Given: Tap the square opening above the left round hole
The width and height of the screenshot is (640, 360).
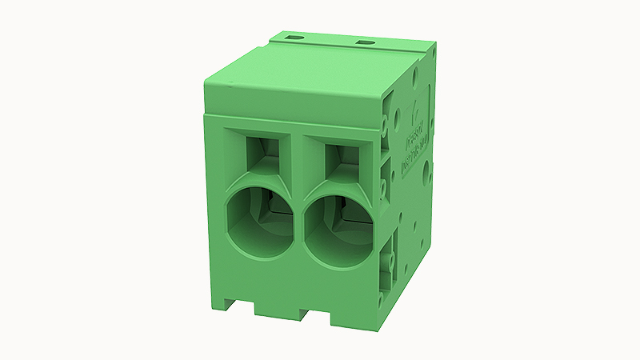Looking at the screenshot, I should (261, 150).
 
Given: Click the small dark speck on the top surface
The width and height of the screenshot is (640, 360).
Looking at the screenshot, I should (226, 82).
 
